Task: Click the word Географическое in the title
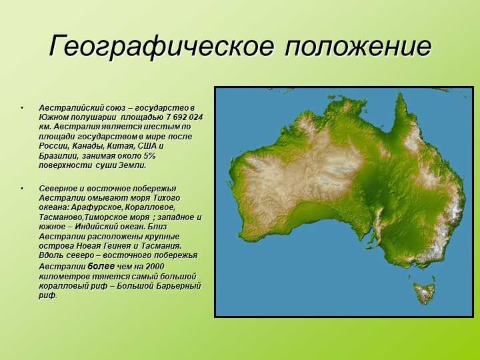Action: pyautogui.click(x=161, y=46)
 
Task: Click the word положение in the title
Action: pyautogui.click(x=358, y=46)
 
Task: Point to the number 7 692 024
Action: pyautogui.click(x=185, y=117)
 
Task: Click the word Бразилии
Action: pyautogui.click(x=58, y=156)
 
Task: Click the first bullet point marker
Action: pyautogui.click(x=22, y=108)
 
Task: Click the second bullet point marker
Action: pyautogui.click(x=22, y=189)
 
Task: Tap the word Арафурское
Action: pyautogui.click(x=96, y=207)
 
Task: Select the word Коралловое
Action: pyautogui.click(x=150, y=207)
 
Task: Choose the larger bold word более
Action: pyautogui.click(x=101, y=266)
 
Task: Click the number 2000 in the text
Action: pyautogui.click(x=155, y=267)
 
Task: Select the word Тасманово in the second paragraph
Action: pyautogui.click(x=61, y=217)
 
